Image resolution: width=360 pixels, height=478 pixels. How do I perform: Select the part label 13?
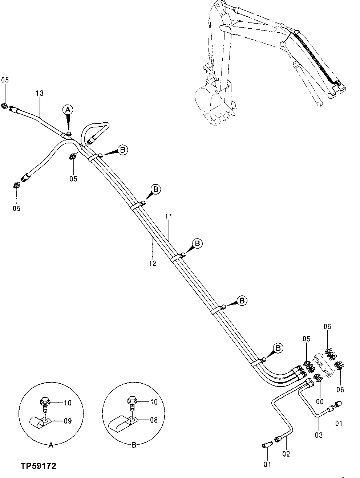pyautogui.click(x=40, y=93)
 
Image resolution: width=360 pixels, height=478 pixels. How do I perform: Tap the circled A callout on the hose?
pyautogui.click(x=68, y=109)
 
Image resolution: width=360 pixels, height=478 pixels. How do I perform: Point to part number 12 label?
pyautogui.click(x=152, y=264)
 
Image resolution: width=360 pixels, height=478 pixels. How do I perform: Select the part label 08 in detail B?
pyautogui.click(x=154, y=420)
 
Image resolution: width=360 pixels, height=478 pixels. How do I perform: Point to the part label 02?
pyautogui.click(x=286, y=454)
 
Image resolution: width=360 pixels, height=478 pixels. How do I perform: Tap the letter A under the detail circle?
pyautogui.click(x=51, y=445)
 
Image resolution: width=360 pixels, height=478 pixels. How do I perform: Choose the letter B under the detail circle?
pyautogui.click(x=133, y=445)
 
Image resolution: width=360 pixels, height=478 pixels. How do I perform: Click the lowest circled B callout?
pyautogui.click(x=278, y=348)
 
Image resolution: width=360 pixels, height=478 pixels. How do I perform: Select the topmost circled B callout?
pyautogui.click(x=123, y=150)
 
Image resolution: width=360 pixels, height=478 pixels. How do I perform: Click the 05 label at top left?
pyautogui.click(x=4, y=80)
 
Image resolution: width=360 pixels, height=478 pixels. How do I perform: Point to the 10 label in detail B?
pyautogui.click(x=154, y=402)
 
